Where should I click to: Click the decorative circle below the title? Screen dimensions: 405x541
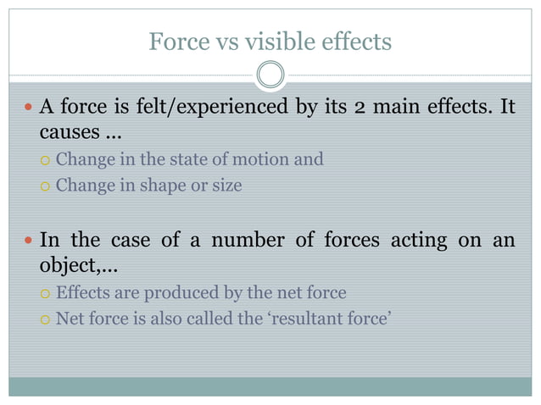[270, 75]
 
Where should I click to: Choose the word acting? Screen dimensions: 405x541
[419, 240]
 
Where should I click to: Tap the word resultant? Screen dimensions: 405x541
[310, 320]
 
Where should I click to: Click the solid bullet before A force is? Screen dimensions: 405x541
[28, 108]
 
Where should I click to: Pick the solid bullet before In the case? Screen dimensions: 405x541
[28, 241]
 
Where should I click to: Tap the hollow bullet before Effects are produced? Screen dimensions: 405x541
[46, 294]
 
